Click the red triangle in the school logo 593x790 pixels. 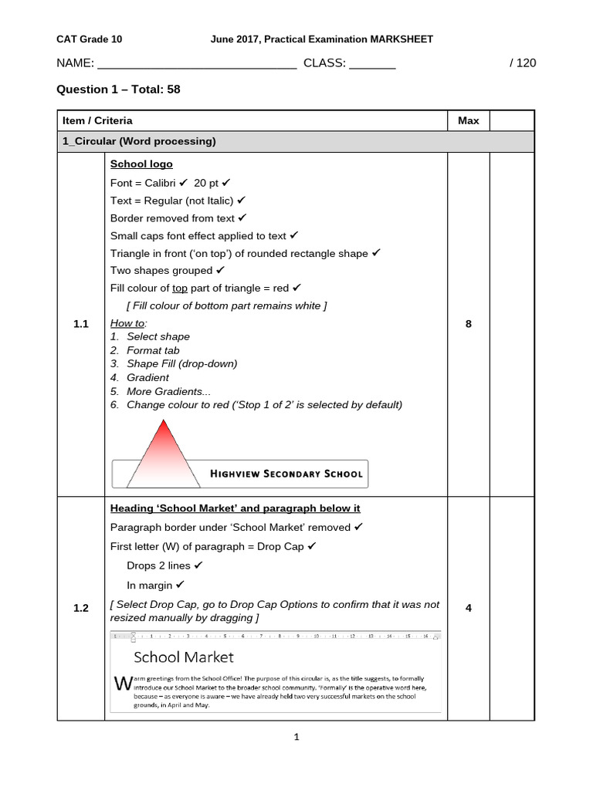click(164, 451)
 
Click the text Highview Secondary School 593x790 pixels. click(286, 474)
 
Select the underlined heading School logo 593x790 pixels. click(141, 164)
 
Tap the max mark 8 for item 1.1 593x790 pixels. click(468, 324)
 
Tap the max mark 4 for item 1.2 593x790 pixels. click(468, 608)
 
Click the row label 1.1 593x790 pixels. click(81, 324)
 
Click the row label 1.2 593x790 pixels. click(81, 608)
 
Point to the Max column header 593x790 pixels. click(468, 120)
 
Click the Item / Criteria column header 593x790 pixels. click(98, 120)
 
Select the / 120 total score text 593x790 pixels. click(523, 63)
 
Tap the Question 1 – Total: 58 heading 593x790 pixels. click(118, 89)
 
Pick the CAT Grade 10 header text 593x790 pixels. click(90, 39)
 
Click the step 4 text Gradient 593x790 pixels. click(147, 377)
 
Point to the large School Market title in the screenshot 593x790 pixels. click(183, 657)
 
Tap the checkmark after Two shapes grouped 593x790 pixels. click(221, 270)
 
